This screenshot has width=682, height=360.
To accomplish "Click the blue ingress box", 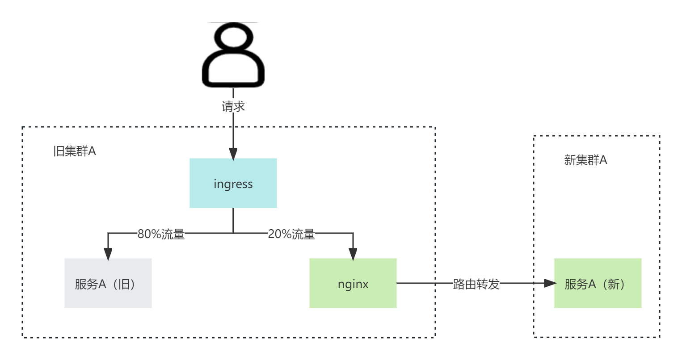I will point(233,183).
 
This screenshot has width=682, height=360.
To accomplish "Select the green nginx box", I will point(353,283).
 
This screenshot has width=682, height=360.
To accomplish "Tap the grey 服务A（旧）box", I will point(108,283).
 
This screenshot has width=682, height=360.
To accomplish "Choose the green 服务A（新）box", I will point(598,283).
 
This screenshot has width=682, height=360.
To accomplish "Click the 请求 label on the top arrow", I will point(233,106).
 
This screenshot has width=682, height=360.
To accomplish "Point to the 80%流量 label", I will point(161,234).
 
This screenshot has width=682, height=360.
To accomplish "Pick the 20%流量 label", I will point(291,234).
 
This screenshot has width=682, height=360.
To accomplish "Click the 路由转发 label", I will point(476,284).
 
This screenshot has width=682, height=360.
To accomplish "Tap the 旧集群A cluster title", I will point(75,151).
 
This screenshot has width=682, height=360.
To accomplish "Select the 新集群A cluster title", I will point(585,160).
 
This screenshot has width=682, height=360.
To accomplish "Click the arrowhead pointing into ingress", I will point(233,154).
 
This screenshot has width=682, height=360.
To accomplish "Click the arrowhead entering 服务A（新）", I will point(550,283).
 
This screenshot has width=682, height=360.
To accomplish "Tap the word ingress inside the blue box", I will point(233,184).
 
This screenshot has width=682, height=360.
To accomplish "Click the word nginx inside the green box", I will point(353,284).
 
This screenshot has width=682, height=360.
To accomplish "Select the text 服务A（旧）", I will point(105,284).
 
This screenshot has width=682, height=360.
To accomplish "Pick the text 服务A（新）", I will point(595,284).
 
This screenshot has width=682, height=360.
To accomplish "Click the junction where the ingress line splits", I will point(233,233).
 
